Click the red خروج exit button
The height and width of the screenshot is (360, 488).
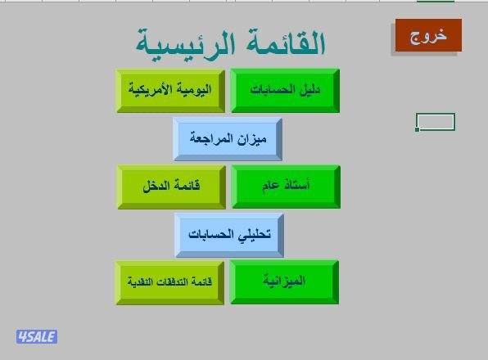[x=428, y=37]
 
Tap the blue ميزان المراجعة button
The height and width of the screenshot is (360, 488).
[x=228, y=138]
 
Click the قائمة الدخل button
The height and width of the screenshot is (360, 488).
[x=170, y=186]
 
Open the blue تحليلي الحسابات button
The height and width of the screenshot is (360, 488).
[x=228, y=234]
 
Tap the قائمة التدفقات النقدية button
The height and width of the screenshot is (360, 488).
[x=169, y=281]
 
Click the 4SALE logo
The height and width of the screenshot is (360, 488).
[x=37, y=335]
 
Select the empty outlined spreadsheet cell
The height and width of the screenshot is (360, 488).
[x=436, y=121]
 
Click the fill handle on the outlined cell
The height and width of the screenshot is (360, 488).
[x=418, y=128]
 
